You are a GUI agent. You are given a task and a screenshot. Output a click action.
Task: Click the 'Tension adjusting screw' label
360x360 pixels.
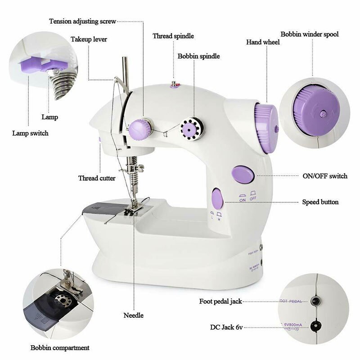[82, 21]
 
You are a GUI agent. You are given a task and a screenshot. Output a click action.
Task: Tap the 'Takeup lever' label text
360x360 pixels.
[89, 40]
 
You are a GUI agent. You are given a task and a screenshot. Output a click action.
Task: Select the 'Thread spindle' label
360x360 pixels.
[173, 36]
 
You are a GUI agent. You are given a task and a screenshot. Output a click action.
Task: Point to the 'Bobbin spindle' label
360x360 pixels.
[198, 56]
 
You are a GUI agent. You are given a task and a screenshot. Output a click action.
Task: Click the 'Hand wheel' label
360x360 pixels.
[263, 42]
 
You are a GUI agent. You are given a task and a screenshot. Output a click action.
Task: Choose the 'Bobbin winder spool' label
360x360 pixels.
[310, 34]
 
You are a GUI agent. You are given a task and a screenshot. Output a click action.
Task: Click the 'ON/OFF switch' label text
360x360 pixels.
[325, 176]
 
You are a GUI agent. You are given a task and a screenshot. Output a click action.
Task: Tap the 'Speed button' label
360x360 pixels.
[320, 202]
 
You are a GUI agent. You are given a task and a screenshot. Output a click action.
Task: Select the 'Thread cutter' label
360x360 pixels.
[97, 178]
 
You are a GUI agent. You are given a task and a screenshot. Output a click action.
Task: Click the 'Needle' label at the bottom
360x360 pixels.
[134, 315]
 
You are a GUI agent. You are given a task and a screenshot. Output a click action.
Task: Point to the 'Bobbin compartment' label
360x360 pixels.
[60, 347]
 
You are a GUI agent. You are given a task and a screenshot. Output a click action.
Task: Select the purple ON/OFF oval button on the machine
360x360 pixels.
[242, 175]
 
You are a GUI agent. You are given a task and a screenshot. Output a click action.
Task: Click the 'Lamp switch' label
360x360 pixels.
[30, 133]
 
